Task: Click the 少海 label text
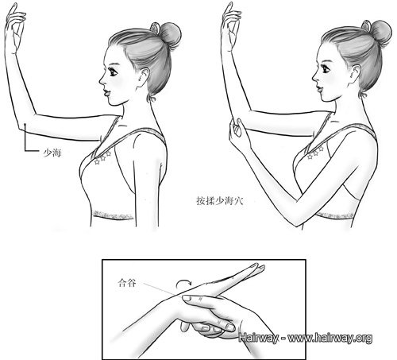tap(52, 153)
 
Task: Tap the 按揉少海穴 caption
tap(220, 201)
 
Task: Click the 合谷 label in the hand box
tap(127, 283)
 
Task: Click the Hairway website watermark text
tap(305, 338)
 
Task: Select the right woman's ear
tap(356, 75)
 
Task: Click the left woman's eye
tap(113, 72)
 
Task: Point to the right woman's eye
tap(326, 69)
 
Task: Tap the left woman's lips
tap(106, 93)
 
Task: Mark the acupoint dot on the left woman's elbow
tap(25, 124)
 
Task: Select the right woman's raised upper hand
tap(230, 26)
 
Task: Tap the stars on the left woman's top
tap(102, 158)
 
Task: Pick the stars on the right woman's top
tap(315, 153)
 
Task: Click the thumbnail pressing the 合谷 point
tap(187, 298)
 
